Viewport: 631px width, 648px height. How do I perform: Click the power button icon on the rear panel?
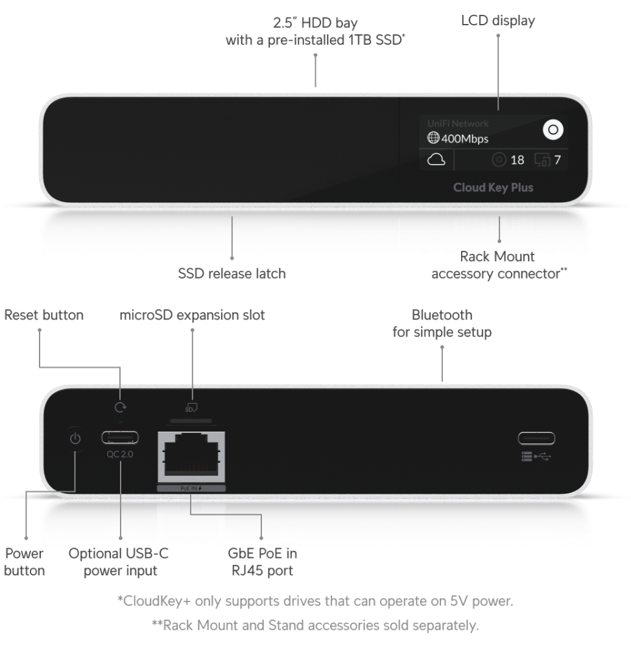coord(75,439)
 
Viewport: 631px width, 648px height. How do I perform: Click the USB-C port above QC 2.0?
coord(119,437)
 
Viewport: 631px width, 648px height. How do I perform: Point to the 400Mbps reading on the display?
coord(458,138)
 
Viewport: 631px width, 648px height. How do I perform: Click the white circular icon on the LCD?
coord(553,130)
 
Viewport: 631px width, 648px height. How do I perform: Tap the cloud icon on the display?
coord(436,159)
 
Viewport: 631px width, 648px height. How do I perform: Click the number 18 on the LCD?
coord(517,159)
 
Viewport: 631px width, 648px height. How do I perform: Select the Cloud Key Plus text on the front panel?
coord(493,188)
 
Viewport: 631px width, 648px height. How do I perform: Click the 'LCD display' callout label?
coord(497,21)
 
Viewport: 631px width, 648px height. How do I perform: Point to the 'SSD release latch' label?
coord(232,273)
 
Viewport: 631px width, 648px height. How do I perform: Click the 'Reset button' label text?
coord(44,316)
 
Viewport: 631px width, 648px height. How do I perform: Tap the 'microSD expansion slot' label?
coord(193,316)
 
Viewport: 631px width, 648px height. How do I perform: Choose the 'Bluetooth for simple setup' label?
coord(442,323)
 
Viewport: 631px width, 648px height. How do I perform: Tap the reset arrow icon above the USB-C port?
coord(119,408)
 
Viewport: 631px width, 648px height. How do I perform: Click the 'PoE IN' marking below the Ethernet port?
coord(191,488)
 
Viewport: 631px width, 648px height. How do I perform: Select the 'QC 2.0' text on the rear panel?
coord(119,454)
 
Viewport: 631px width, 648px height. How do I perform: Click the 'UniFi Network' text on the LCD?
coord(458,123)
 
